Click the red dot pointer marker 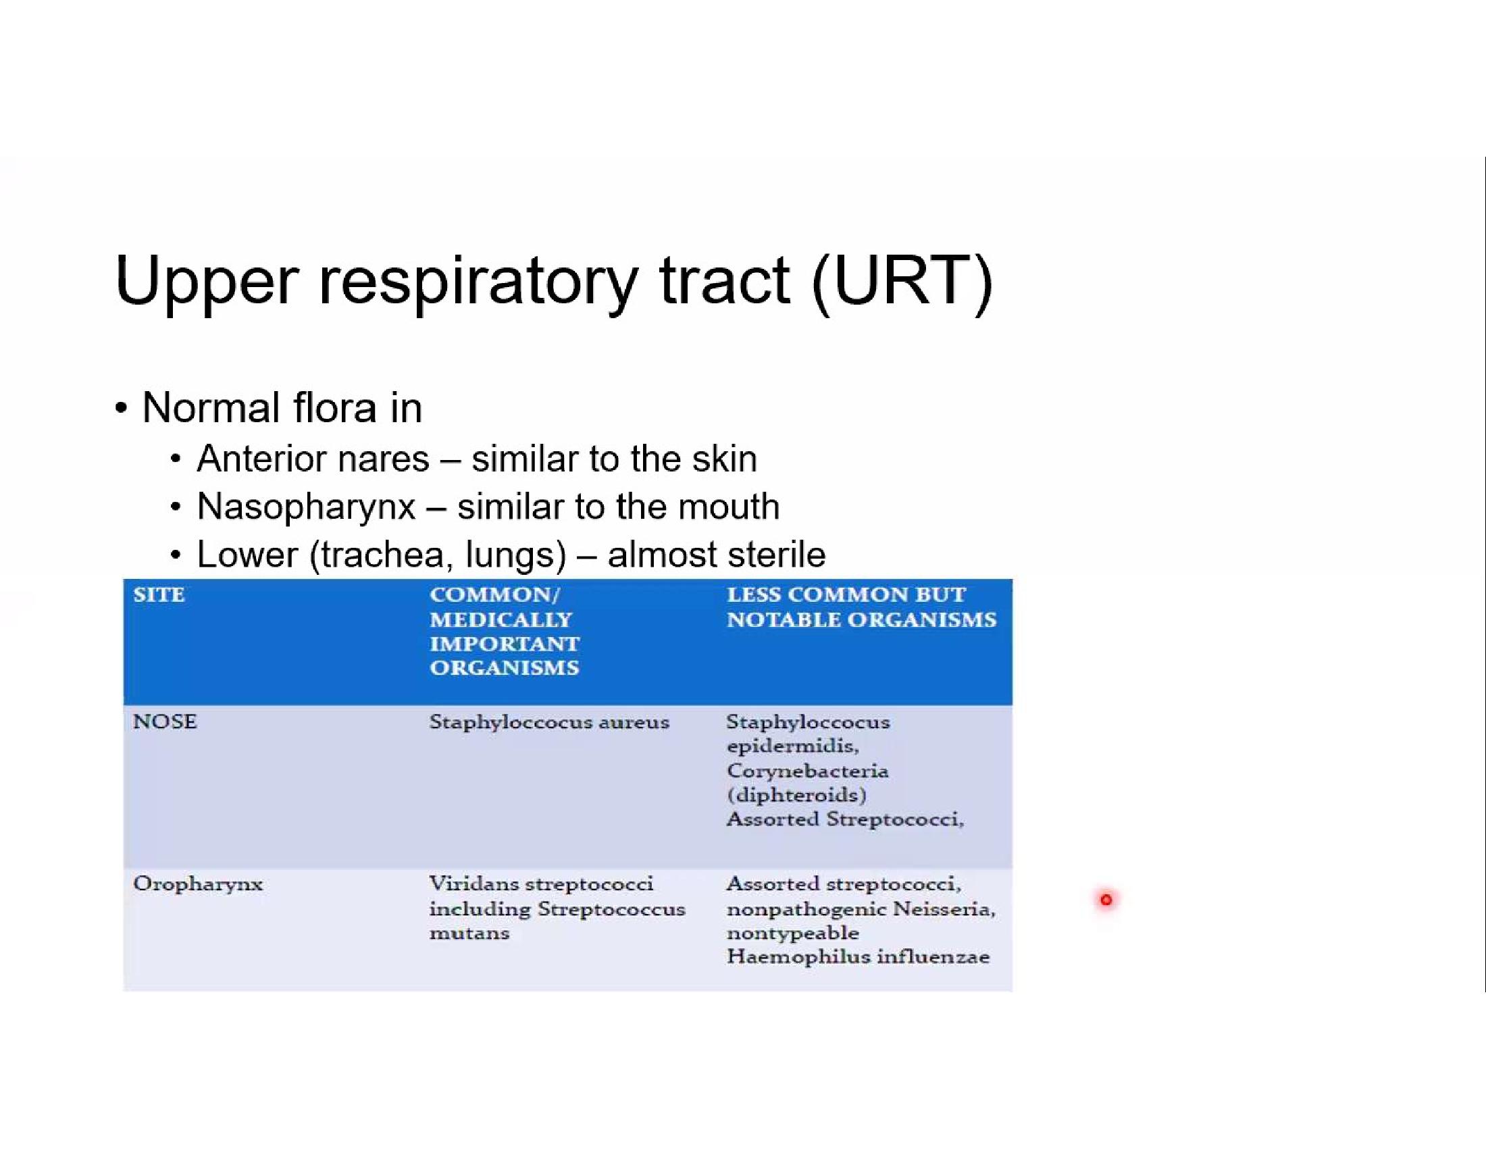[1106, 900]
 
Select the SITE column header [159, 594]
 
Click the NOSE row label [165, 721]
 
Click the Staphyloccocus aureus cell [549, 723]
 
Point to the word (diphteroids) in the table [796, 794]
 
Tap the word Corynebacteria [808, 771]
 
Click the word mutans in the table [469, 933]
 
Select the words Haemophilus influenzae [858, 956]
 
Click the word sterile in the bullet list [776, 555]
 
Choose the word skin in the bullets [724, 459]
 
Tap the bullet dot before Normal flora [121, 409]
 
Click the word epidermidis [793, 747]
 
